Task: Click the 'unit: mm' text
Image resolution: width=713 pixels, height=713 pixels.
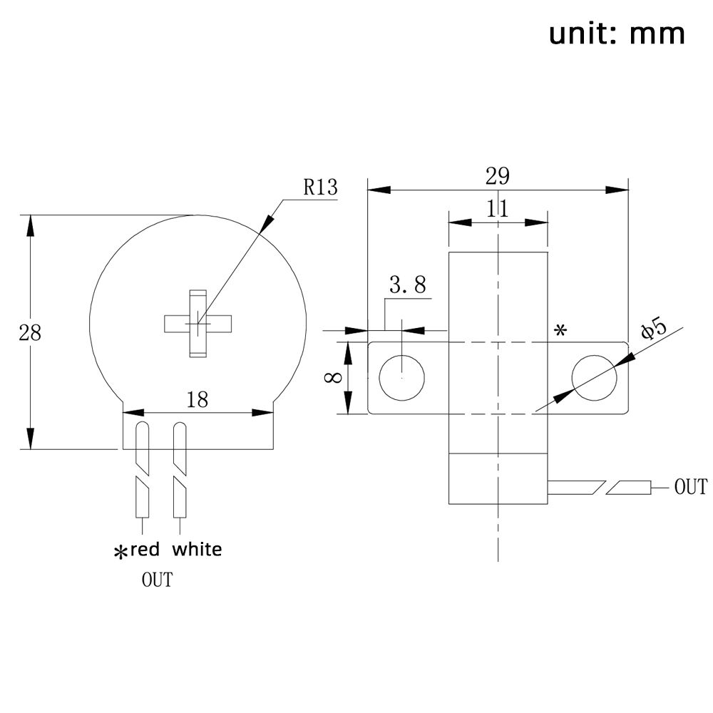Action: [617, 33]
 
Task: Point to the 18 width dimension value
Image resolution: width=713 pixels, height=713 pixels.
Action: [198, 399]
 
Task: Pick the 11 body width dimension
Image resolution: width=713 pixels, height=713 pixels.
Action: [497, 208]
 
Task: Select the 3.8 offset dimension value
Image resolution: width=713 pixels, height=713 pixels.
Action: [407, 285]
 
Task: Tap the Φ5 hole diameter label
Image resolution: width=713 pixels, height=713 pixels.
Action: [654, 329]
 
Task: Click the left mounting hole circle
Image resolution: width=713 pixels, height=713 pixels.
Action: [402, 377]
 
